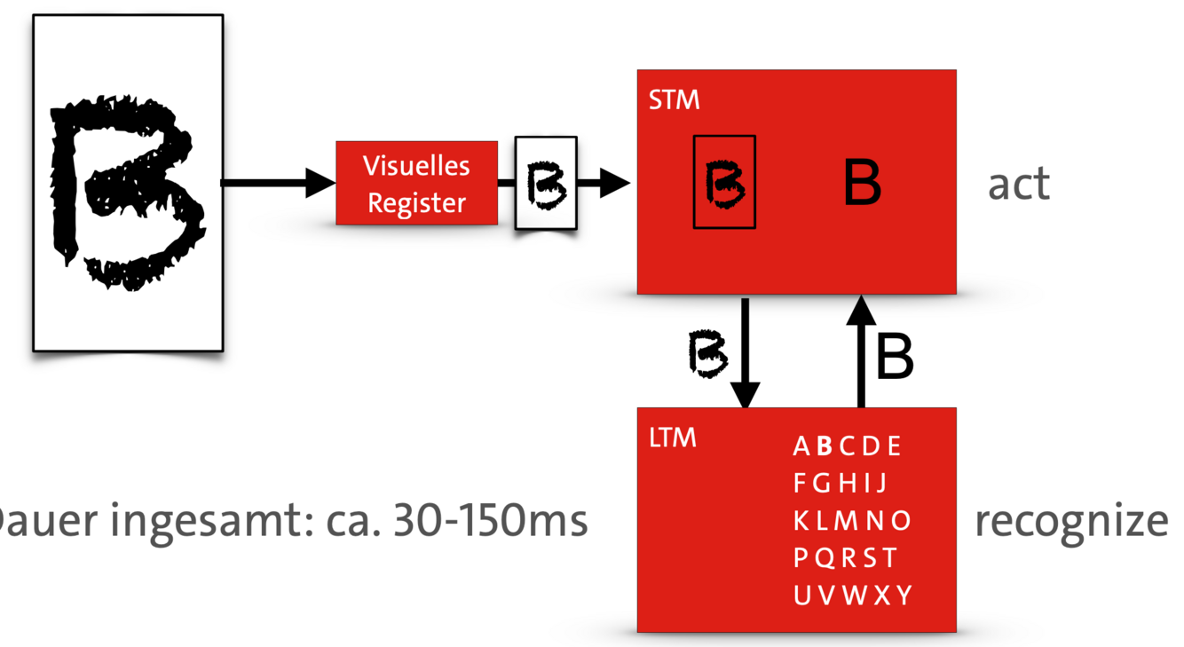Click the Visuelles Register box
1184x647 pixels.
(x=416, y=183)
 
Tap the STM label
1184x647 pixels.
(x=674, y=100)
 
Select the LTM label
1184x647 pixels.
(x=673, y=438)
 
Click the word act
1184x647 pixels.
(x=1019, y=184)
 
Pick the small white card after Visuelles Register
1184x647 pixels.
(x=546, y=184)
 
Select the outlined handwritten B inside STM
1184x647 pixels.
(x=724, y=182)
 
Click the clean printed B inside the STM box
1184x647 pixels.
(x=861, y=183)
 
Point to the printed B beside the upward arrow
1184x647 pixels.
(x=894, y=357)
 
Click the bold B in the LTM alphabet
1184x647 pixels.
(x=825, y=446)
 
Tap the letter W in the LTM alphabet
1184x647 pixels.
(x=854, y=595)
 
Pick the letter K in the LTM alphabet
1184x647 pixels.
(x=801, y=520)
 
